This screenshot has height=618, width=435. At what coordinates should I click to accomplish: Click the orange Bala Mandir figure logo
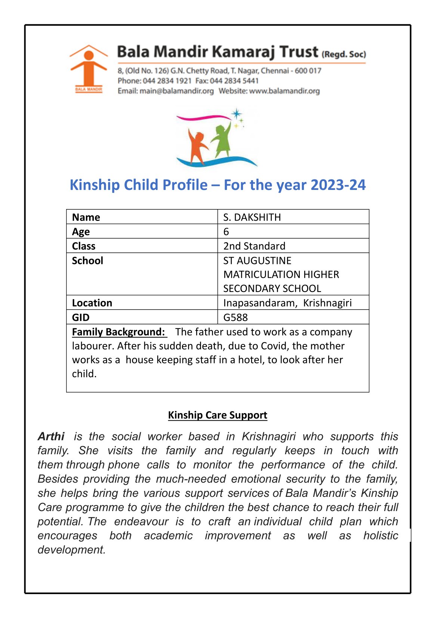[89, 68]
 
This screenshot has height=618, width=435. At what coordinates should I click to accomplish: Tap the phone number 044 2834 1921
[167, 81]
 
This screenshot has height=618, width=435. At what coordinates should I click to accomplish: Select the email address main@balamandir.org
[176, 91]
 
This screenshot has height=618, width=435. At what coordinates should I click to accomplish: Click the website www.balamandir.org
[284, 91]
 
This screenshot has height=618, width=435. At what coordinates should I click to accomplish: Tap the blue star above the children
[236, 113]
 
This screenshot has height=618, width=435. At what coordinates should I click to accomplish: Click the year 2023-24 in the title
[338, 185]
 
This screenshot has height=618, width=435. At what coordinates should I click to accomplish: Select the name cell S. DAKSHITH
[252, 217]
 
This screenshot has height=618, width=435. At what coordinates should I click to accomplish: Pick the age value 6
[226, 232]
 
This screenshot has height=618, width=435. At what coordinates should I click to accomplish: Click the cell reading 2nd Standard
[254, 246]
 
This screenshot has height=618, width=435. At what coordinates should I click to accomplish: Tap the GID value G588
[235, 317]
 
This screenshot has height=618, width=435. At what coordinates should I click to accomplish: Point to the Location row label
[92, 303]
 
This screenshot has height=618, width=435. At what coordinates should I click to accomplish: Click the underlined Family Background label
[118, 332]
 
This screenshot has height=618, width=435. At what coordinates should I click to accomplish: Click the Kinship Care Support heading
[217, 415]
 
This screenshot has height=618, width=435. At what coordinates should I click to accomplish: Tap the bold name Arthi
[51, 436]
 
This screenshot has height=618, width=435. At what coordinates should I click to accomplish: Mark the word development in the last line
[71, 550]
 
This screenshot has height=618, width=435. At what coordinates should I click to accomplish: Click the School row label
[87, 261]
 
